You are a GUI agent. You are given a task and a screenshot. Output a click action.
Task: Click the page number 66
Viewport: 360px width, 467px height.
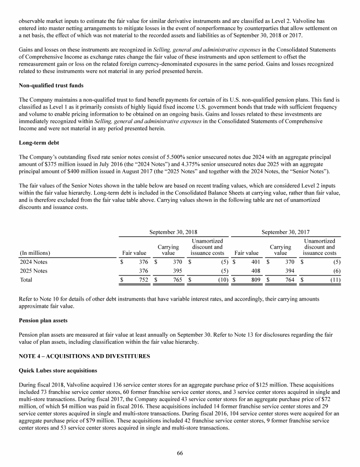180,453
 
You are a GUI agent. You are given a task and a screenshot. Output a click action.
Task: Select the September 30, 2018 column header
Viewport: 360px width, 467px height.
173,231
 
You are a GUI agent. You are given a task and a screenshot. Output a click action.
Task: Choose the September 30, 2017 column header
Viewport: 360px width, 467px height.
285,231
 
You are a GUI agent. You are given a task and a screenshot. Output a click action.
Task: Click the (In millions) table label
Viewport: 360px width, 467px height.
35,253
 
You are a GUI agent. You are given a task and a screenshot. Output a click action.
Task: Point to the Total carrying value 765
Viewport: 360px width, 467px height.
176,280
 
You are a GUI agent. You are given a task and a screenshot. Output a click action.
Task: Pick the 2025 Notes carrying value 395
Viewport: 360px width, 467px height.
176,271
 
